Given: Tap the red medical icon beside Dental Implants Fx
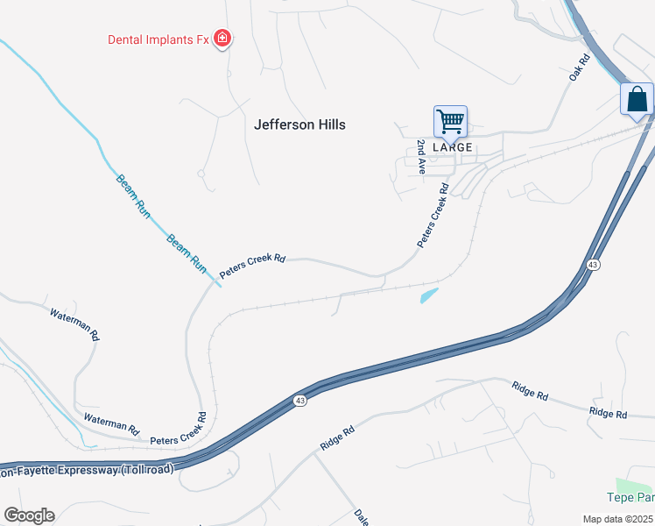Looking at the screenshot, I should (x=222, y=38).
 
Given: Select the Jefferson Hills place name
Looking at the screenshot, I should (x=299, y=124).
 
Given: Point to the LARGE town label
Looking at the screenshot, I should (x=453, y=147).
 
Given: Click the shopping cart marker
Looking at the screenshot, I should (x=450, y=122).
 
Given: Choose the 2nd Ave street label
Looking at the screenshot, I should (x=421, y=156).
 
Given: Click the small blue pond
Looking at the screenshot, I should (x=429, y=295).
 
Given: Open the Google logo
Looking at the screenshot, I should (x=29, y=515).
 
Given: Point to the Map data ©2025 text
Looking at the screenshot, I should (x=617, y=519).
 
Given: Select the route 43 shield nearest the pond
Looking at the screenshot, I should (x=594, y=265).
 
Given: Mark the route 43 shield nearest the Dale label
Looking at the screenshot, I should (x=300, y=401).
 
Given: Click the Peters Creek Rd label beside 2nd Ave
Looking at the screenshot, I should (x=433, y=216).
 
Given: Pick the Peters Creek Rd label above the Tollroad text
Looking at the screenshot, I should (x=180, y=429).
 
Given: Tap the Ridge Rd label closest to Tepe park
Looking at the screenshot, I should (x=609, y=413).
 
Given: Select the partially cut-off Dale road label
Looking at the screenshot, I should (x=361, y=517).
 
